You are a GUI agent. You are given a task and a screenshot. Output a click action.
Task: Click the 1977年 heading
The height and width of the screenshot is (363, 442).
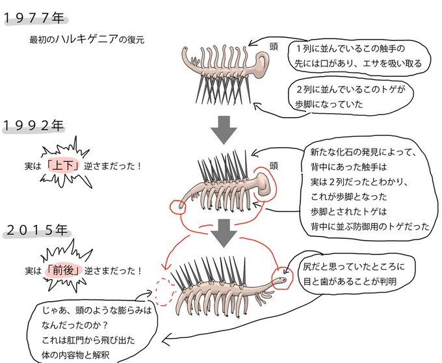click(x=34, y=18)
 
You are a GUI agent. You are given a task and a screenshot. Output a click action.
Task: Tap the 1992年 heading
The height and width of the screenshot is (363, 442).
click(x=34, y=126)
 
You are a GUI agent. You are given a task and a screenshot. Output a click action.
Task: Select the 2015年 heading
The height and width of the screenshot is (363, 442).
click(x=36, y=230)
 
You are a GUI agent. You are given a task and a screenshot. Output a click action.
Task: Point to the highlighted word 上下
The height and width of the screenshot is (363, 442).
click(x=63, y=166)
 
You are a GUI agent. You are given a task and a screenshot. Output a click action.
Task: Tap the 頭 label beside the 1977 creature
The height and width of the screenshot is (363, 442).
click(x=274, y=47)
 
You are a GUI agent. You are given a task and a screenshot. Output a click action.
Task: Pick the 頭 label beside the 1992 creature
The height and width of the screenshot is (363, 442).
click(x=274, y=166)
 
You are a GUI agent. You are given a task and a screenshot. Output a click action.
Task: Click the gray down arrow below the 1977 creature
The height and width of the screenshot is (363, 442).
click(x=224, y=129)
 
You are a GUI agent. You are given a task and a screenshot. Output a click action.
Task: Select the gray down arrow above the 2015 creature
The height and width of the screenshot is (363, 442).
click(x=224, y=234)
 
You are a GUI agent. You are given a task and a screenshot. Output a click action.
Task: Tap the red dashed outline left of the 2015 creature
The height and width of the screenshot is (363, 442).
click(x=164, y=291)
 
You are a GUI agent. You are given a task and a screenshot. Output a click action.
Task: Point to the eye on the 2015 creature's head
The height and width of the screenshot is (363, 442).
click(x=282, y=280)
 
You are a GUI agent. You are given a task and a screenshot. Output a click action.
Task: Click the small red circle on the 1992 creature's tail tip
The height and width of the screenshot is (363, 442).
click(x=178, y=207)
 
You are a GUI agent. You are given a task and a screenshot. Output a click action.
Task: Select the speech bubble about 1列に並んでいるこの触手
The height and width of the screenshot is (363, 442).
click(x=359, y=57)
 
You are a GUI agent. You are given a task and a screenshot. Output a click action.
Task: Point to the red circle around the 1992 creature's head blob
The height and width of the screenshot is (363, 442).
click(x=275, y=183)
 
